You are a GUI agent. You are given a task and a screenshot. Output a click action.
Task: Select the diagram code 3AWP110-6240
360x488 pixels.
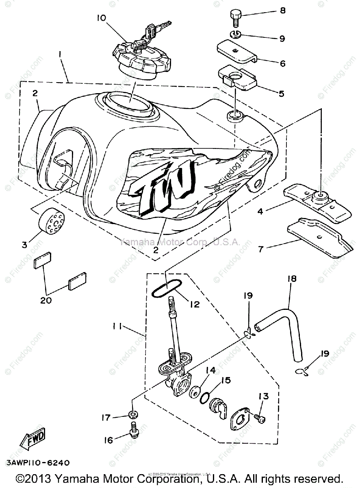coord(37,463)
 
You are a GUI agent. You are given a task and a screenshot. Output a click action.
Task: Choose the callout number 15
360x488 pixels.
coord(226,381)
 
